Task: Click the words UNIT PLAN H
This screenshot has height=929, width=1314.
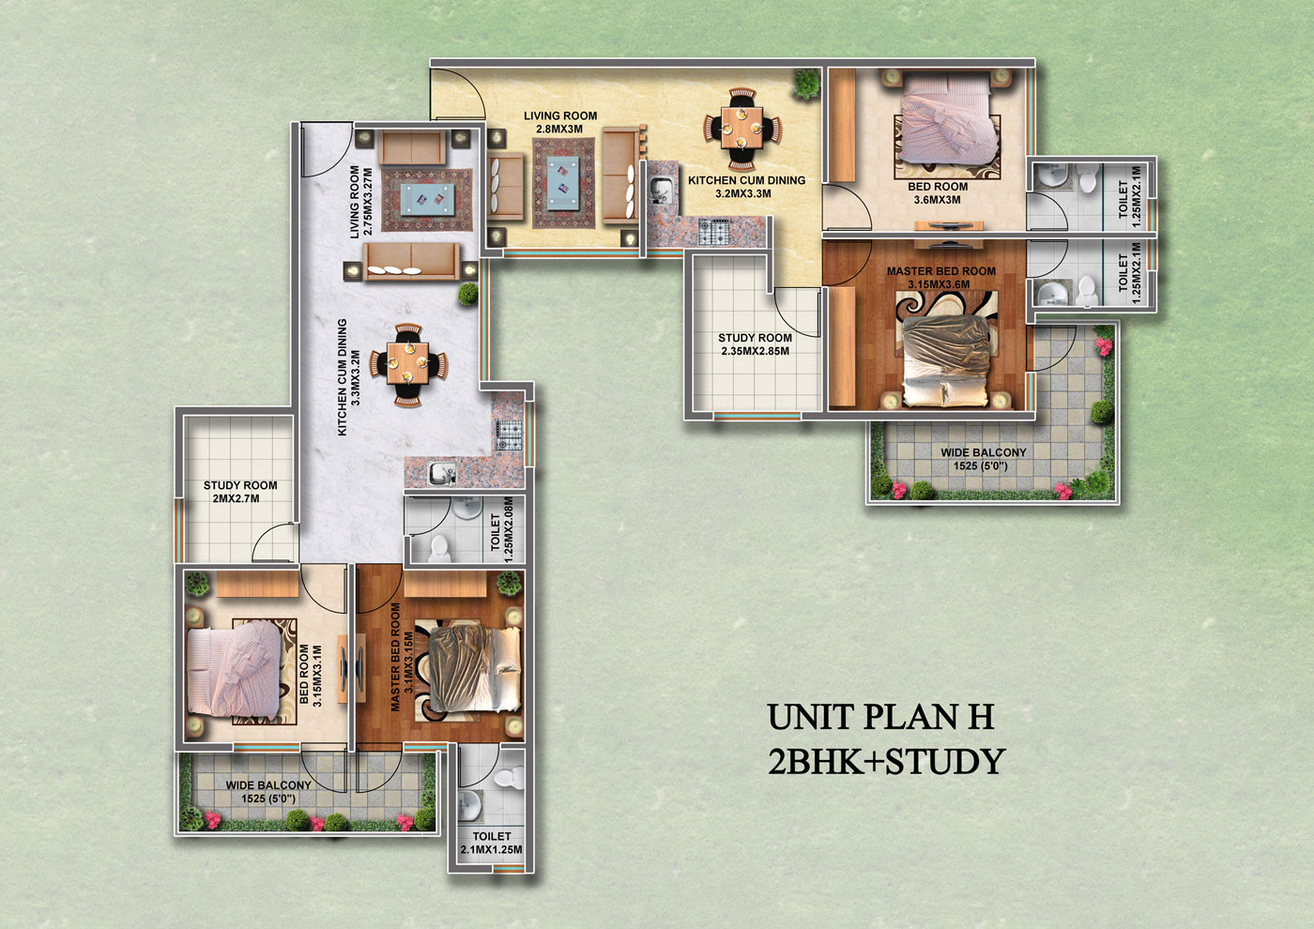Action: (880, 718)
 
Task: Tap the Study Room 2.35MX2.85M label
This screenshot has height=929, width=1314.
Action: (755, 344)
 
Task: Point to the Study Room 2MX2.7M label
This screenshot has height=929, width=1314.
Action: (240, 492)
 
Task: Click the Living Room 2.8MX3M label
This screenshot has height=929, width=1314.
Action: (560, 122)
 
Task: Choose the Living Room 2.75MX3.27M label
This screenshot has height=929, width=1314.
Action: (361, 201)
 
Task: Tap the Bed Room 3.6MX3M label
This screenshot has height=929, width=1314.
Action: (937, 193)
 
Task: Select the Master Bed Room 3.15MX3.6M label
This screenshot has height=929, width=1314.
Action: (940, 278)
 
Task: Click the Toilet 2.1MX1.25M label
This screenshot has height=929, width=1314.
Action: (491, 843)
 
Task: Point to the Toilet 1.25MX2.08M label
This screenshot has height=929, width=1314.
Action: (502, 531)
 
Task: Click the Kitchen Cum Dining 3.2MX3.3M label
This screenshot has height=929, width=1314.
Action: (746, 187)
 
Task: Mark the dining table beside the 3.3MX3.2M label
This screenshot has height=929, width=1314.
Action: (408, 363)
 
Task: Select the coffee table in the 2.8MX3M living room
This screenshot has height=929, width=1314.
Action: (563, 182)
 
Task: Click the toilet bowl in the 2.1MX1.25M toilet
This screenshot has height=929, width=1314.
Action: (509, 777)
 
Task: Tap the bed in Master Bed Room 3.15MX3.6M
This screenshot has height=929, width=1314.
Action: (947, 361)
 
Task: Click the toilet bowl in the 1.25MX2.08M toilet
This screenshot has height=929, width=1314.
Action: (440, 546)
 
